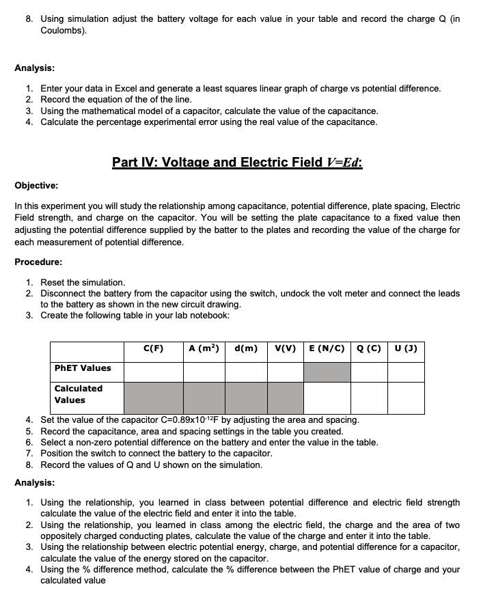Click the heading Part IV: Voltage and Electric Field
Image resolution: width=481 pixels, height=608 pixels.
coord(237,162)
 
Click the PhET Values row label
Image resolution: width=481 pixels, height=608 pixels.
coord(82,368)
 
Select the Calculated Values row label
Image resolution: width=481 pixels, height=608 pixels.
coord(78,394)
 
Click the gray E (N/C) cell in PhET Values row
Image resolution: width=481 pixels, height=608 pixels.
coord(327,372)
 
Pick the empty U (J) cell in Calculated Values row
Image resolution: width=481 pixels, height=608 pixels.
coord(406,398)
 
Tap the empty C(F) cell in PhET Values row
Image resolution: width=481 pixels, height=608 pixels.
coord(154,372)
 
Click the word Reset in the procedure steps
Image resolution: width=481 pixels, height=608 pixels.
coord(53,282)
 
